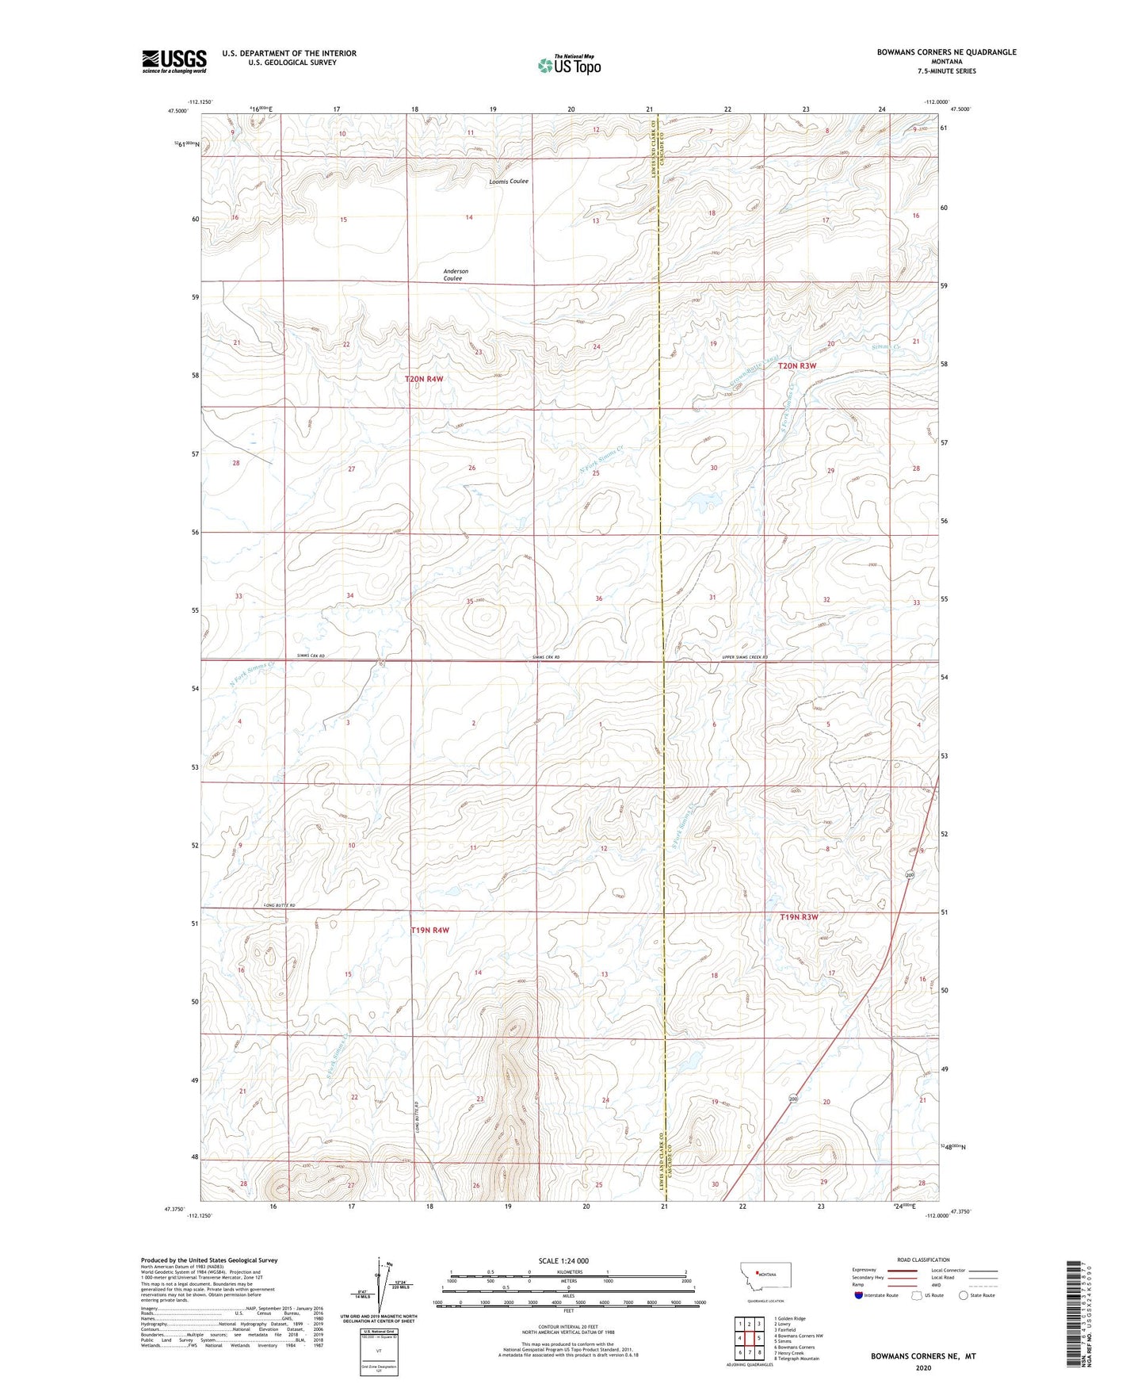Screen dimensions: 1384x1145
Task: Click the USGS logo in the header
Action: pos(174,61)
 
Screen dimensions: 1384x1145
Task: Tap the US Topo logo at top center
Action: pos(568,65)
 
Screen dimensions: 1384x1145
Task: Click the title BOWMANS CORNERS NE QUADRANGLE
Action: pos(946,52)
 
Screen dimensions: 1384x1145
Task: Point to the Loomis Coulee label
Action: pos(509,182)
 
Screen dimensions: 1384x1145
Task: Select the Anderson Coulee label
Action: pos(455,275)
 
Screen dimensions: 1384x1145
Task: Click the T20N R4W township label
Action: pos(424,380)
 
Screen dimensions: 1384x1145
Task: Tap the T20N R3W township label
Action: pos(796,366)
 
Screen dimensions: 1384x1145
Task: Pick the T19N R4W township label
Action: pos(430,930)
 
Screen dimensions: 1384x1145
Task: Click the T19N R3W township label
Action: pos(798,917)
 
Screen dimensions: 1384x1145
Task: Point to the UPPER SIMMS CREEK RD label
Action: pos(734,657)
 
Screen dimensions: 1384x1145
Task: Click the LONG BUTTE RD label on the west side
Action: pos(279,905)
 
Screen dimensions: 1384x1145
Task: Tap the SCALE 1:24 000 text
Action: pos(563,1260)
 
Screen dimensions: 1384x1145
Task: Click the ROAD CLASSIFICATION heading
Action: pos(923,1260)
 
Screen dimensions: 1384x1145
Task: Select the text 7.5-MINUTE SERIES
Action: pos(946,71)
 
